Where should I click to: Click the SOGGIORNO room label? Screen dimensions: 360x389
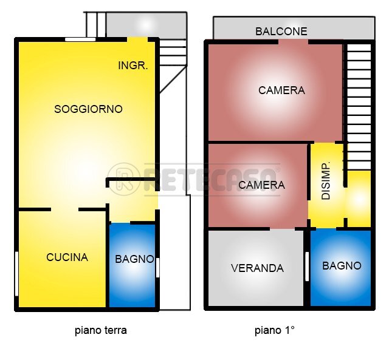coord(88,109)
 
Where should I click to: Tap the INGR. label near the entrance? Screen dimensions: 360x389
coord(133,66)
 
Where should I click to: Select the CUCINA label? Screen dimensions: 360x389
coord(67,257)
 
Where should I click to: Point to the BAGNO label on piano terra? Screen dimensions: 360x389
coord(134,259)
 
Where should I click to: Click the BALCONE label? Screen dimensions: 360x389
coord(281,31)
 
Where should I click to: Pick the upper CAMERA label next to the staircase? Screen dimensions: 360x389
coord(281,90)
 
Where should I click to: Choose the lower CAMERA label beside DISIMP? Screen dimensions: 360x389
coord(261,185)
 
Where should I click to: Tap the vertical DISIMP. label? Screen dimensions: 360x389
coord(326,182)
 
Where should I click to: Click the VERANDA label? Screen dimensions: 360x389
coord(257,268)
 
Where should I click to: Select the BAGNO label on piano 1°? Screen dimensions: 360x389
coord(342,266)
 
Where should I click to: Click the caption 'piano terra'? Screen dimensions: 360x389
coord(101,331)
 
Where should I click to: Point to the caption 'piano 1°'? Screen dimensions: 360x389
coord(274,331)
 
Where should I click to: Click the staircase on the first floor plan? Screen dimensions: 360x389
coord(359,103)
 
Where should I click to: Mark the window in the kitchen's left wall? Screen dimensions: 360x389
coord(16,273)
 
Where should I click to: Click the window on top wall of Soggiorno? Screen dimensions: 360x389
coord(80,39)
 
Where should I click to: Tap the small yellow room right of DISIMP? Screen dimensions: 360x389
coord(358,199)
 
